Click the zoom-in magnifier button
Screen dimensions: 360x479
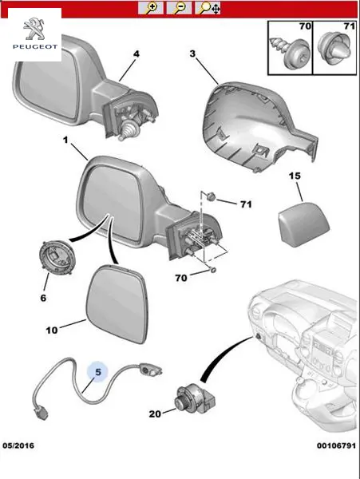151,8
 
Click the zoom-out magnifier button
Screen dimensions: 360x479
179,8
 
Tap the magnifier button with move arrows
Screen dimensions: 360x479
208,8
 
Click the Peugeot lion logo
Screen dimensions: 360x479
34,29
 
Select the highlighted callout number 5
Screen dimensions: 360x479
97,372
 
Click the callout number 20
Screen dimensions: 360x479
155,414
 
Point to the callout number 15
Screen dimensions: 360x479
295,176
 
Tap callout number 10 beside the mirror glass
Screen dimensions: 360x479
52,331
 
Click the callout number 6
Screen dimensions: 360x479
43,298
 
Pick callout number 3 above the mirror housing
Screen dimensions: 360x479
192,53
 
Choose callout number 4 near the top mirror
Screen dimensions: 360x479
136,53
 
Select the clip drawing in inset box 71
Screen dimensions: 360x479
334,48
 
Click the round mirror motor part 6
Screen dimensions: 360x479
57,258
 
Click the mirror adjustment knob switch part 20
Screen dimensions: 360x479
195,400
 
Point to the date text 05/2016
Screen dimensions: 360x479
18,445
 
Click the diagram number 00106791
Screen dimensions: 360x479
336,445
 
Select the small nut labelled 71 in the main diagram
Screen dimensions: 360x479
211,197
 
